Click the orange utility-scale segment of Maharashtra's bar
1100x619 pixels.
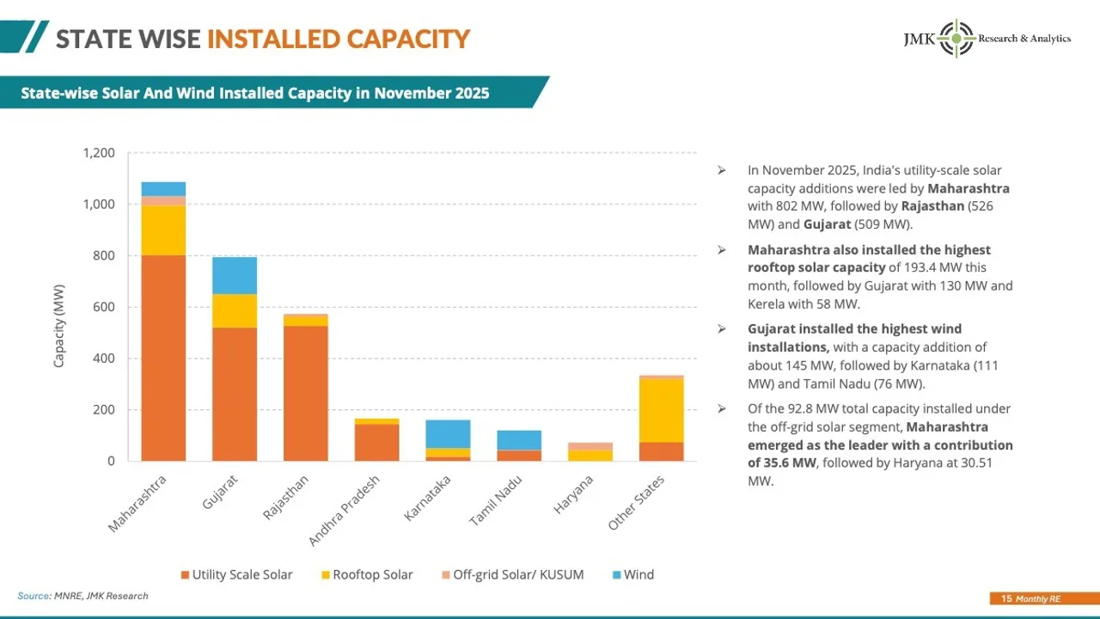[x=163, y=358]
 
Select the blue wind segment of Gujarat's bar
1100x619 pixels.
[x=235, y=275]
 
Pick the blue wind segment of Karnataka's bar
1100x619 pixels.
[x=448, y=433]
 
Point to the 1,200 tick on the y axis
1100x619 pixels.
[x=99, y=153]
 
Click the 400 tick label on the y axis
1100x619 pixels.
[x=104, y=359]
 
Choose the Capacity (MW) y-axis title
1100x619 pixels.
[x=59, y=325]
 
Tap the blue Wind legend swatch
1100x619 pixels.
[x=615, y=574]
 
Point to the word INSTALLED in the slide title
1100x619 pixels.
[x=272, y=39]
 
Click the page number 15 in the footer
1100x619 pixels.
[x=1006, y=598]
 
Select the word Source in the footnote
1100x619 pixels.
[x=33, y=596]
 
